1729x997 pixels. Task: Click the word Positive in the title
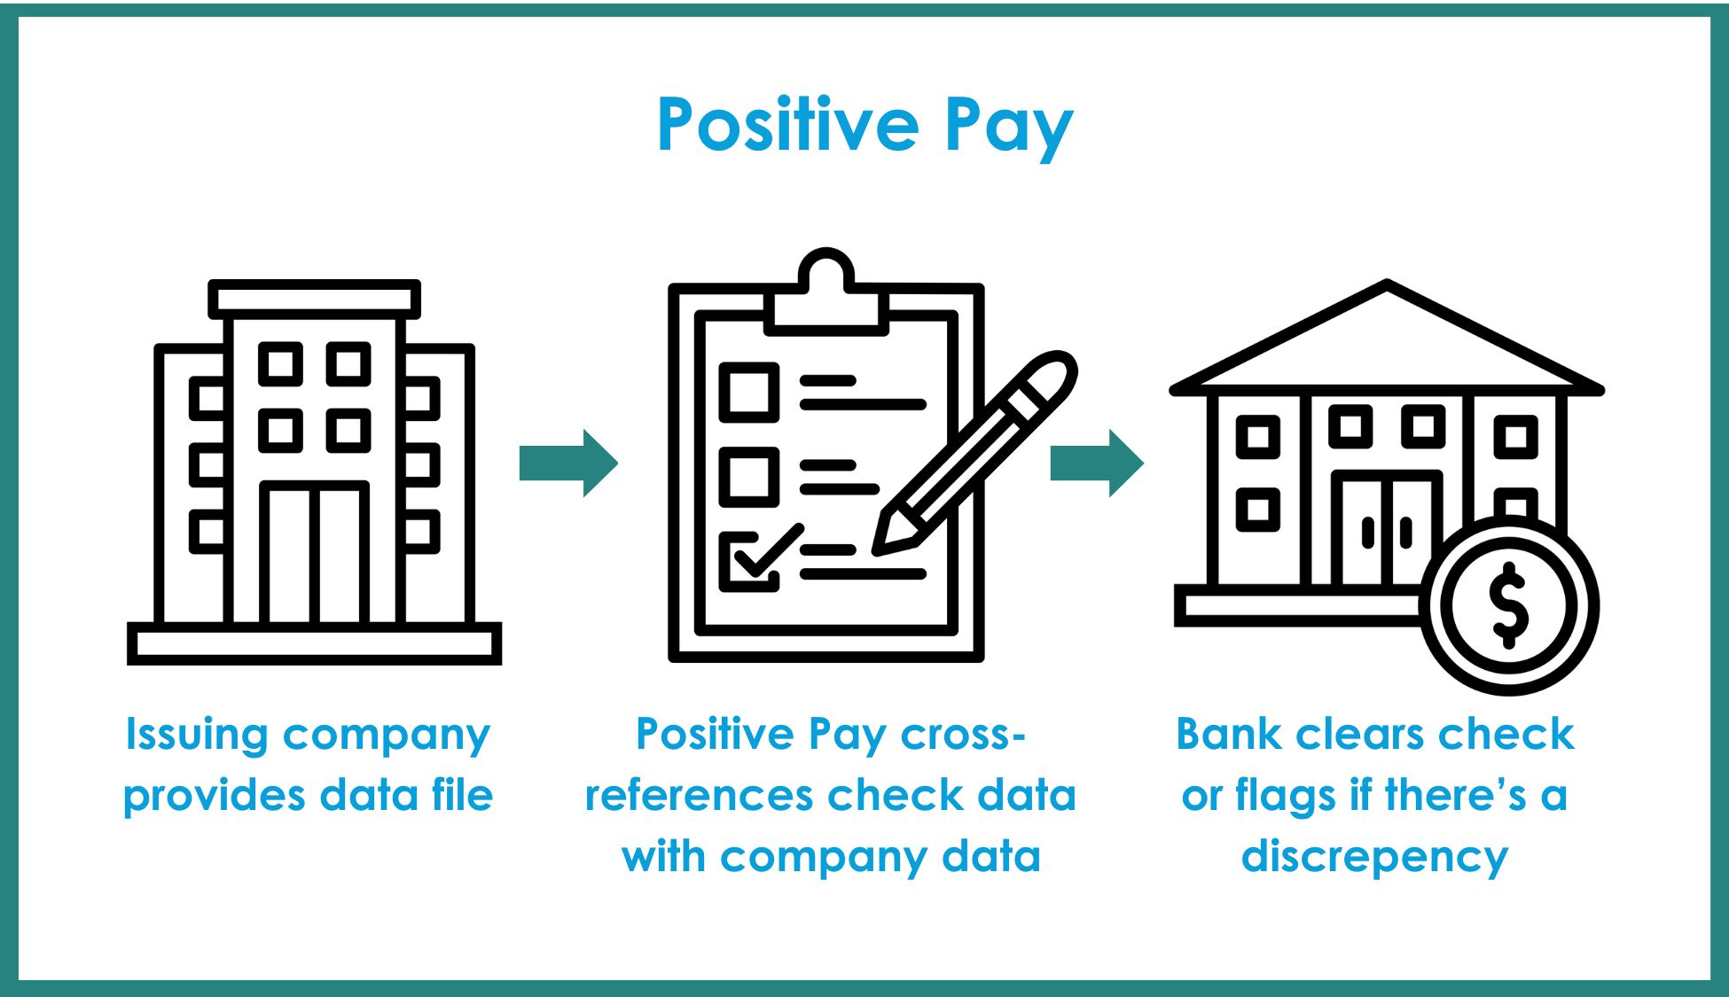click(788, 124)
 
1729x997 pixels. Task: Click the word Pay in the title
click(1009, 129)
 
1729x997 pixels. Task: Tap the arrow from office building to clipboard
click(568, 463)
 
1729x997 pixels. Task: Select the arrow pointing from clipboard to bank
click(1097, 463)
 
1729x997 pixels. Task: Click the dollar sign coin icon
click(1509, 606)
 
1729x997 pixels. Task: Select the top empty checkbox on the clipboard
click(749, 392)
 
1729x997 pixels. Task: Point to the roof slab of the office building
click(315, 300)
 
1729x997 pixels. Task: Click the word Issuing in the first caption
click(197, 736)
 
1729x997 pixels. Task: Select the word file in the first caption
click(462, 794)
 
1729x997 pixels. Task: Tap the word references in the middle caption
click(697, 795)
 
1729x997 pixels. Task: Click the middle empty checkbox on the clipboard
click(749, 477)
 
